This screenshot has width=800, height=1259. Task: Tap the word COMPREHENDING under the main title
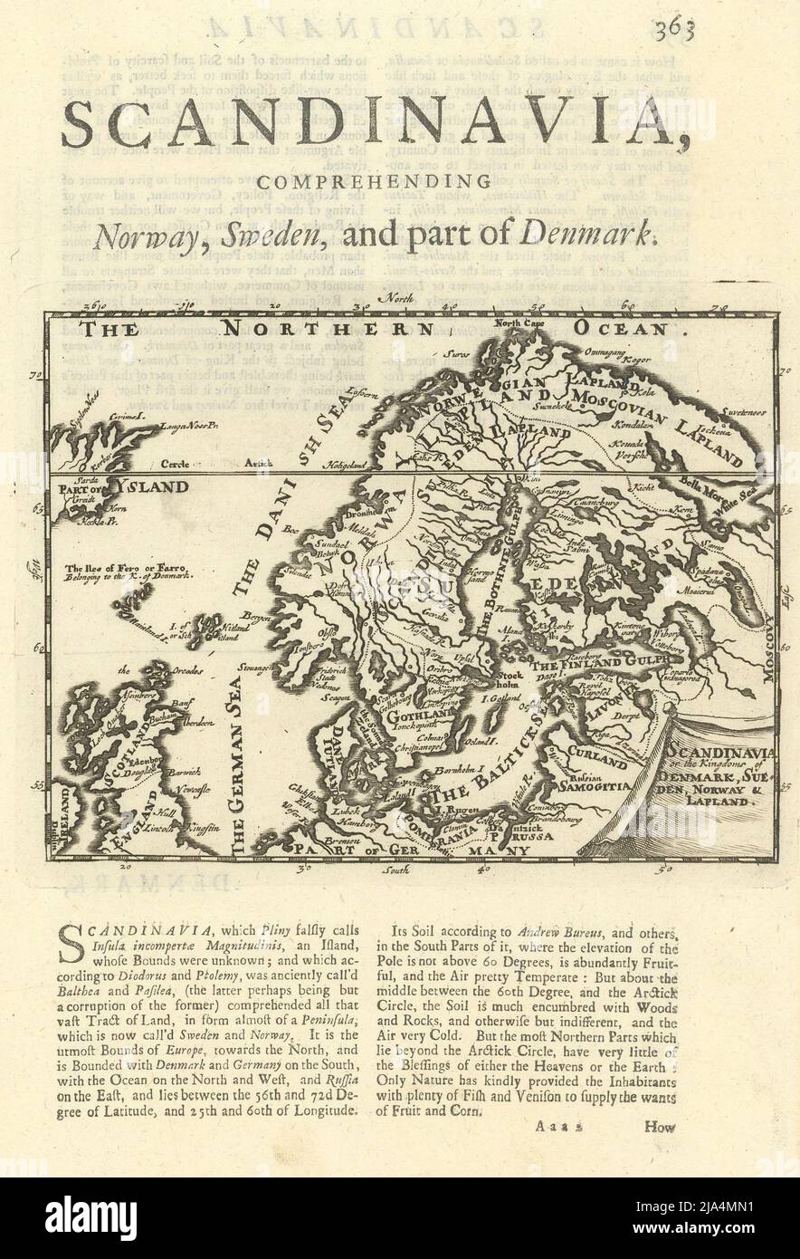[x=402, y=181]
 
